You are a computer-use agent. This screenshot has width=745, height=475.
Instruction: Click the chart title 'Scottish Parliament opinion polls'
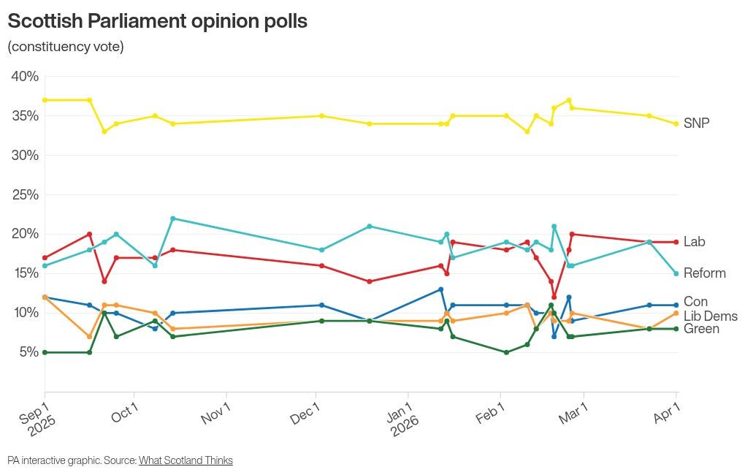pos(157,21)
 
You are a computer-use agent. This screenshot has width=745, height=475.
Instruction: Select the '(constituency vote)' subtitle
pos(66,47)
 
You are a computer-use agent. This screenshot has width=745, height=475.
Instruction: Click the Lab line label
pos(694,242)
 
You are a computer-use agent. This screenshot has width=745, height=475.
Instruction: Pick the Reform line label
pos(704,273)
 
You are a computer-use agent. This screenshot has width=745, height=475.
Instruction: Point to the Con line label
pos(695,302)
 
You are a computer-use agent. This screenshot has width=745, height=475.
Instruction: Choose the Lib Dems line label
pos(710,316)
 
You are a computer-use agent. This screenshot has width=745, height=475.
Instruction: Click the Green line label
pos(702,329)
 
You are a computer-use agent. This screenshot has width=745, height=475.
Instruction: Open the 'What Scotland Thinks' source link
pos(186,460)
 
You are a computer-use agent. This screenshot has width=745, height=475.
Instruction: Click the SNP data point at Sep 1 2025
pos(45,100)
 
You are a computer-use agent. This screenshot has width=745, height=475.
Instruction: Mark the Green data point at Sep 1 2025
pos(45,352)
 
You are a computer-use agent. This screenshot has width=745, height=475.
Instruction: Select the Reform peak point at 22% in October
pos(172,218)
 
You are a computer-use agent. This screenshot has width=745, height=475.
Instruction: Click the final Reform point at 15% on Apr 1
pos(676,274)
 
